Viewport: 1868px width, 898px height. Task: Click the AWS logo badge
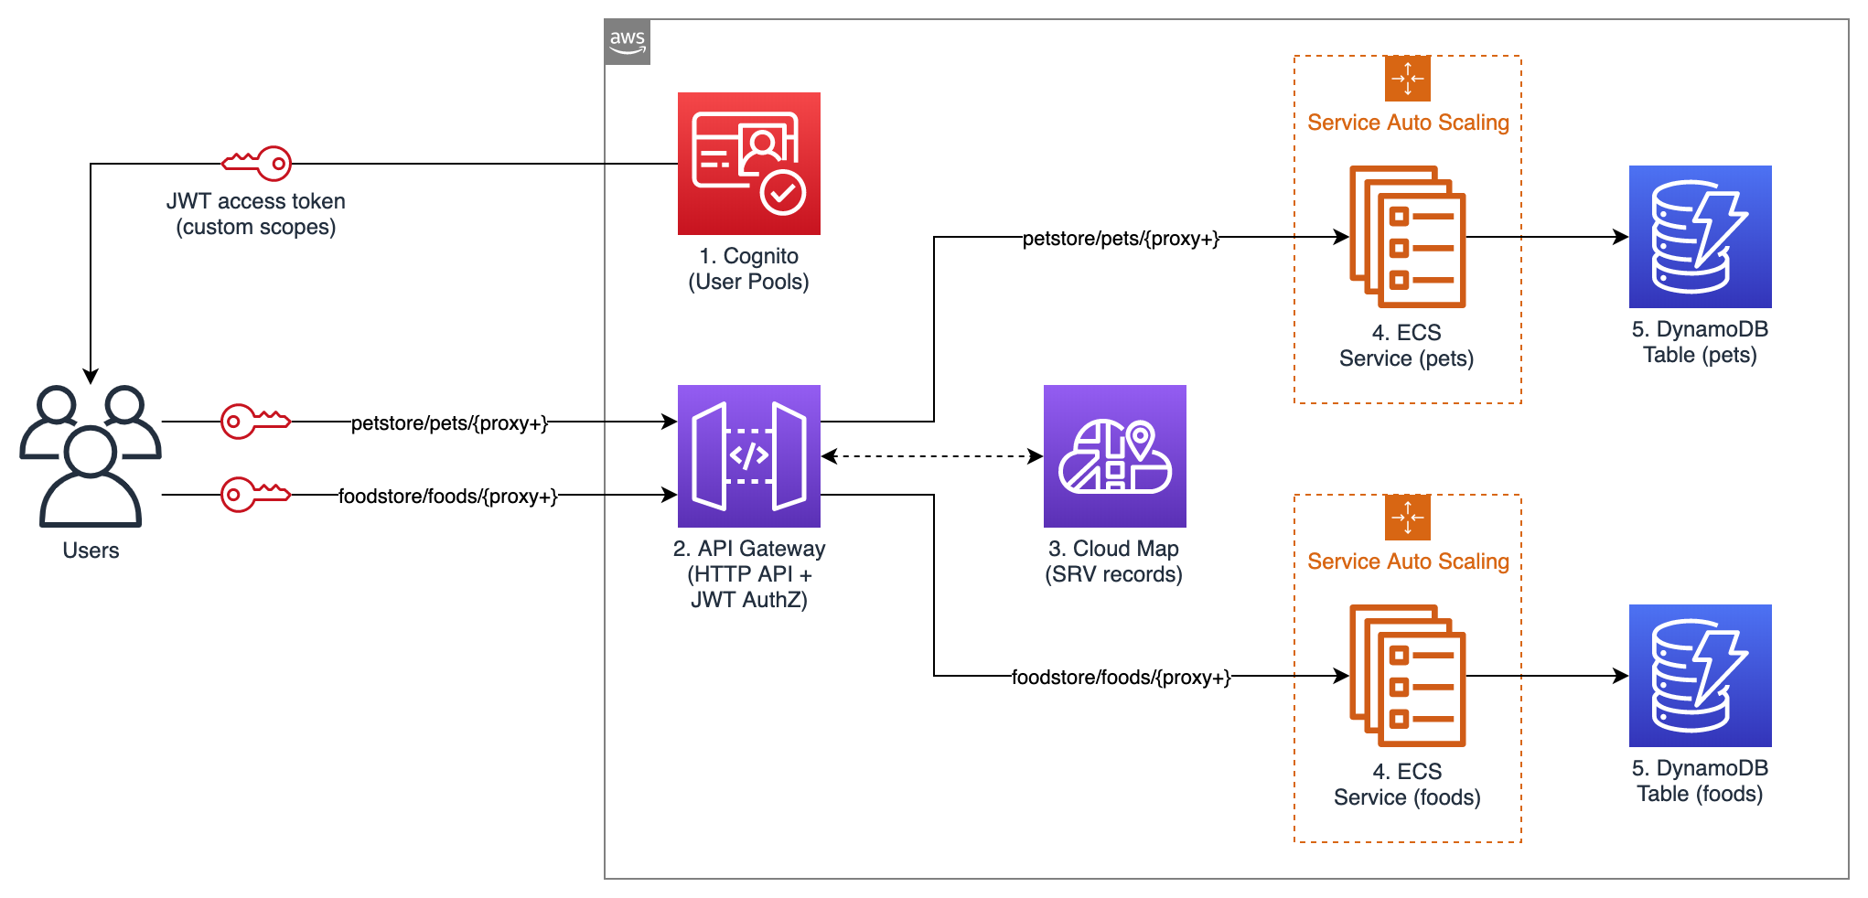pos(627,42)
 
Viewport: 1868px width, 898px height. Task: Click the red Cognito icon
pos(748,164)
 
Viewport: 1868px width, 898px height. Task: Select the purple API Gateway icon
pos(748,455)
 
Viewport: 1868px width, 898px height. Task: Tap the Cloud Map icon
pos(1114,455)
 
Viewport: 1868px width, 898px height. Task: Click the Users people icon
pos(91,455)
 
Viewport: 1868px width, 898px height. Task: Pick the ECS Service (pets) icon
pos(1407,237)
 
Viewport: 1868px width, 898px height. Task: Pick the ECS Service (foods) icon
pos(1407,676)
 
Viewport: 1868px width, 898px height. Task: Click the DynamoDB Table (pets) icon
pos(1700,237)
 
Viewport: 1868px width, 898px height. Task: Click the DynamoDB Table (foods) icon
pos(1700,676)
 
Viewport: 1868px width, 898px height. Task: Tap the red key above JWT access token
pos(257,164)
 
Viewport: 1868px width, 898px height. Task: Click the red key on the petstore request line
pos(255,422)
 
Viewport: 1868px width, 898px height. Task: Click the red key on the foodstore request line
pos(255,495)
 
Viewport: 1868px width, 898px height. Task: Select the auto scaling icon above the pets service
pos(1407,79)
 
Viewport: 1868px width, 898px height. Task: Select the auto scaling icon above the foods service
pos(1407,518)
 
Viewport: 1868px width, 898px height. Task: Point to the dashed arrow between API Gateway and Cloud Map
pos(931,455)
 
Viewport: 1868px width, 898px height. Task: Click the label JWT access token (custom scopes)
pos(256,214)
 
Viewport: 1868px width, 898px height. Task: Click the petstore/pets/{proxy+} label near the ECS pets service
pos(1121,239)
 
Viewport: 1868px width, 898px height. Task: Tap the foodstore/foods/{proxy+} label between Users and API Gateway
pos(447,496)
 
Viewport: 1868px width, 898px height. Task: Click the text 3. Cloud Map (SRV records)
pos(1113,561)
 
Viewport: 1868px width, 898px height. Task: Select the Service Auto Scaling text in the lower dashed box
pos(1408,561)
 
